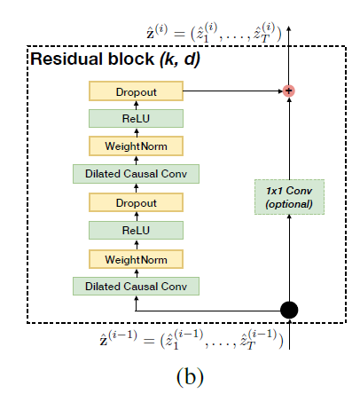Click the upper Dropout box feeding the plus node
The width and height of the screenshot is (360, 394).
point(136,91)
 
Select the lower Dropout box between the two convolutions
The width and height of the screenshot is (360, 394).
point(136,202)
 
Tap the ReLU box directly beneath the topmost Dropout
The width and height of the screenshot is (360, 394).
point(136,118)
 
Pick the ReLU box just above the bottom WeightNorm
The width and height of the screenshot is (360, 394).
point(136,230)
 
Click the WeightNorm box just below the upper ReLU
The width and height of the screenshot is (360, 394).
point(136,146)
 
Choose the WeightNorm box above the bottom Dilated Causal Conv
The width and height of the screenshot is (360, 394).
point(136,258)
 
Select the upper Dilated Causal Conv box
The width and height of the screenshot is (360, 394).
point(136,175)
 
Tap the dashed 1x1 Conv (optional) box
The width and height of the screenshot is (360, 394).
point(289,197)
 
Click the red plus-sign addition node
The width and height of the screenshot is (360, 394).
point(288,91)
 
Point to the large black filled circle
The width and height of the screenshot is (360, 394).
point(289,309)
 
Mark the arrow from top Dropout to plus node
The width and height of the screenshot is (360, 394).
point(231,91)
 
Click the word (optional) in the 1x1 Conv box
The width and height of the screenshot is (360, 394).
point(289,205)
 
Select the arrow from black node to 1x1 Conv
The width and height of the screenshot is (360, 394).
point(289,257)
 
